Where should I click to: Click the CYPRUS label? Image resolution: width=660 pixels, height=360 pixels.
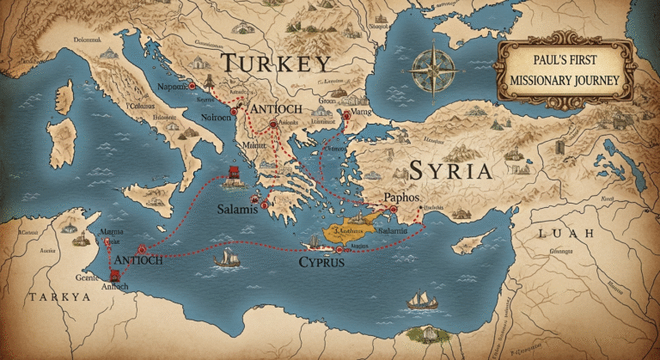pos(321,261)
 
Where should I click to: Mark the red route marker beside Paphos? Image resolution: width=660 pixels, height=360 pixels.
pos(390,208)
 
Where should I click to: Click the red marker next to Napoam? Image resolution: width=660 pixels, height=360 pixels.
pos(193,87)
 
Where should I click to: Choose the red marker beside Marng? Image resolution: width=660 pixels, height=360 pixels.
pos(346,113)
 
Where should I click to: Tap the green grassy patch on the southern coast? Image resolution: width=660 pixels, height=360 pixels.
pos(423,333)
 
